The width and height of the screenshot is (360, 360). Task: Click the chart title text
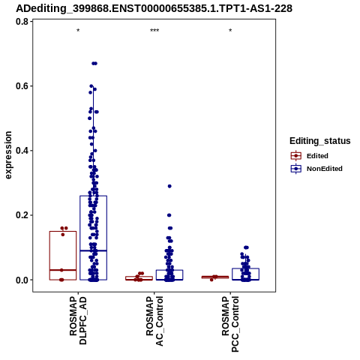(154, 9)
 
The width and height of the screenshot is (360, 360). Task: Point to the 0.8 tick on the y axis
(22, 22)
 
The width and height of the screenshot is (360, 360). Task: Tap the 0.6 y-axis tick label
(22, 86)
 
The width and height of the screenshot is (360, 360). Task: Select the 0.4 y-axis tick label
(22, 151)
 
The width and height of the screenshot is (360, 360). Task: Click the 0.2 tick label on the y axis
(22, 215)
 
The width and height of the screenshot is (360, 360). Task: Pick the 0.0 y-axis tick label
(22, 280)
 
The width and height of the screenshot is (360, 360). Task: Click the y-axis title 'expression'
(8, 155)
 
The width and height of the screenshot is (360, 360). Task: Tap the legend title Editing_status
(320, 141)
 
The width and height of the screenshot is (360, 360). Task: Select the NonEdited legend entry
(316, 169)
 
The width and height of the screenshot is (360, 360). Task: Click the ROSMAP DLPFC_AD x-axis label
(78, 320)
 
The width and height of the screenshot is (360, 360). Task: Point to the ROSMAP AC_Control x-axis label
(154, 321)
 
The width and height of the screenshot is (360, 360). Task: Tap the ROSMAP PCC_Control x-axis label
(230, 324)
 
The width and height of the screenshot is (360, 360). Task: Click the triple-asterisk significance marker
(154, 31)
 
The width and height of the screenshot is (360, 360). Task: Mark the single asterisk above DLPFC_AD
(78, 31)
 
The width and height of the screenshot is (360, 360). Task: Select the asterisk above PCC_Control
(230, 31)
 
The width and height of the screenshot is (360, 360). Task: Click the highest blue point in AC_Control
(169, 186)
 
